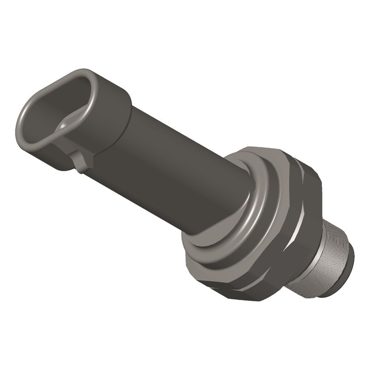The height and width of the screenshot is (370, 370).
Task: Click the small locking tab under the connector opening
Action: [80, 162]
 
